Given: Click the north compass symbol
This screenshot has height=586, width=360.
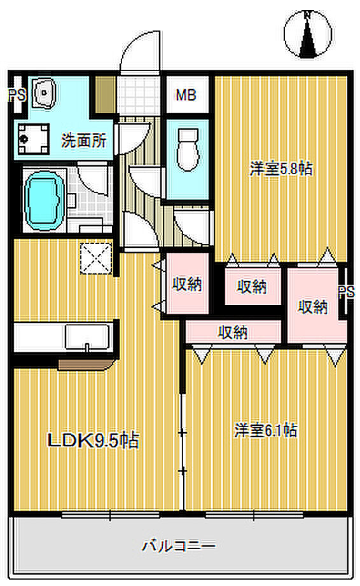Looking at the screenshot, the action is point(307,34).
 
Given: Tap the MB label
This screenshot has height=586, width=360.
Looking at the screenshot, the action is point(186,95).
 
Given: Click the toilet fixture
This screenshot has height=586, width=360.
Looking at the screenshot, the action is point(187,149).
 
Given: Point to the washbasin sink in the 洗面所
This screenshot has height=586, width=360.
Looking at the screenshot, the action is point(44,93).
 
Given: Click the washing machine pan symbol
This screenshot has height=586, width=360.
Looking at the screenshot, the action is point(34,139).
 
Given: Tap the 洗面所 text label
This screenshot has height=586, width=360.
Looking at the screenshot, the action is point(84,141).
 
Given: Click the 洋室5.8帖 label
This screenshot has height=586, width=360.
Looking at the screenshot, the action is point(280,168).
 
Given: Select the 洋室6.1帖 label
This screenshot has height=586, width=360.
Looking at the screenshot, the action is point(266,430).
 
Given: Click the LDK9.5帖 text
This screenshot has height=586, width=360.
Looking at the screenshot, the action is point(93,440).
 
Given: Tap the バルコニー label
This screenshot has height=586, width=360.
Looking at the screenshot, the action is point(179,546).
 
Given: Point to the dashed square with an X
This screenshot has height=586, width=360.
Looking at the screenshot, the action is point(96,259).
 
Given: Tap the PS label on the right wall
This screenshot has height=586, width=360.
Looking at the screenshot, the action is point(347,292).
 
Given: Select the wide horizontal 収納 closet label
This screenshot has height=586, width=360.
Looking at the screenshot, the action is point(233,332).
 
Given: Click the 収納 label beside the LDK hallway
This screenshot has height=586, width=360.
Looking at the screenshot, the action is point(187,284).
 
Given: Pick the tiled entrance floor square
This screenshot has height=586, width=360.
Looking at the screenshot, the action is point(139,95).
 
